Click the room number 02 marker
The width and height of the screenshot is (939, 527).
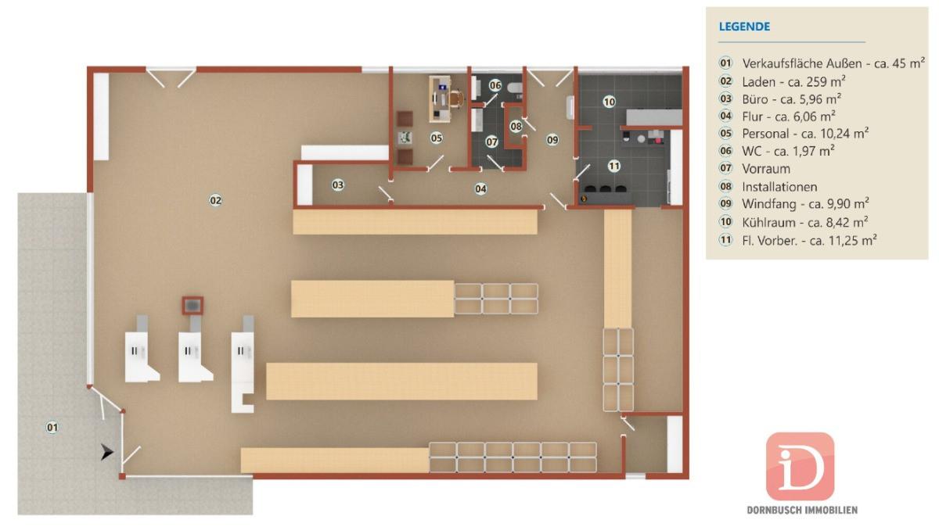coord(215,201)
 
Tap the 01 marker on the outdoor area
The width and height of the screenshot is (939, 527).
coord(52,428)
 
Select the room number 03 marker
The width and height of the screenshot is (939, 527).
coord(338,185)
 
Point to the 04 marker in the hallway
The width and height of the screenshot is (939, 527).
coord(480,189)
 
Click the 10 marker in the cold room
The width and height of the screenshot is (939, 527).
coord(609,102)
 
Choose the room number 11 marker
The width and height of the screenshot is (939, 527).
coord(614,167)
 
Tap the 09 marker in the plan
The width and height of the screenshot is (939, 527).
coord(552,140)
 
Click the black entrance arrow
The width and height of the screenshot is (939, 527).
coord(107,453)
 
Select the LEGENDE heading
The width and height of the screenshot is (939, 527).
coord(744,27)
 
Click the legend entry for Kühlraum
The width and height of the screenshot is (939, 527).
coord(793,222)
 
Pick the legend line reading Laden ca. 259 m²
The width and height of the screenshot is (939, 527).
coord(782,81)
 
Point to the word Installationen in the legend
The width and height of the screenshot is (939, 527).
coord(779,186)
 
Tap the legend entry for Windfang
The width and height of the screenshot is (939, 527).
coord(793,204)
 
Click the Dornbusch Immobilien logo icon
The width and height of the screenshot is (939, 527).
coord(800,466)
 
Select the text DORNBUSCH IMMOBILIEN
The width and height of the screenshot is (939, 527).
coord(802,511)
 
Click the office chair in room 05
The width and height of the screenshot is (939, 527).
coord(456,98)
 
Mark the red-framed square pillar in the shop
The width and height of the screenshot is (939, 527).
coord(192,306)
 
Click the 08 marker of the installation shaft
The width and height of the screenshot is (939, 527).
coord(516,126)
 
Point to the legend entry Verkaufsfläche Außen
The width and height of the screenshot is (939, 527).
coord(822,63)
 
